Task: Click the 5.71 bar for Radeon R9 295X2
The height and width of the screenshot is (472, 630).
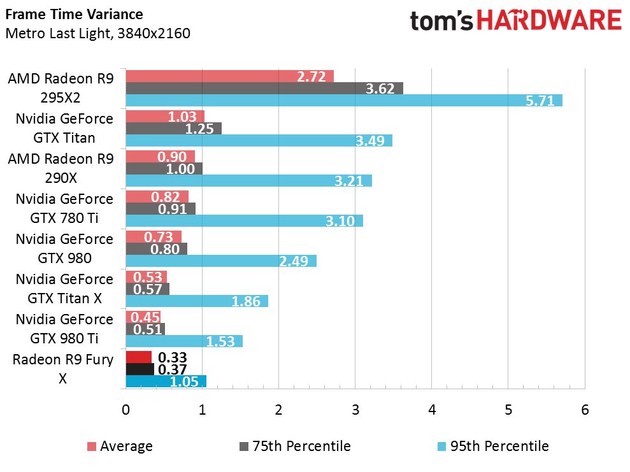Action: coord(344,100)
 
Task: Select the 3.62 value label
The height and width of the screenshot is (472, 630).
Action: coord(380,89)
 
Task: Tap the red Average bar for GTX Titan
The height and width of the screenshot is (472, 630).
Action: coord(165,117)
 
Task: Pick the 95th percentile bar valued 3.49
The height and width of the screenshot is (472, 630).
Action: coord(259,140)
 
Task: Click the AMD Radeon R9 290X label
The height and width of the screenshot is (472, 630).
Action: coord(61,168)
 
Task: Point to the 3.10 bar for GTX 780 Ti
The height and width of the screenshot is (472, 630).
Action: coord(244,220)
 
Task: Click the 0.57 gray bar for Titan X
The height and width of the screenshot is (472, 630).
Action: coord(148,289)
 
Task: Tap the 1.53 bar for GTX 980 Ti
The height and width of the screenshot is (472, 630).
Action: coord(184,341)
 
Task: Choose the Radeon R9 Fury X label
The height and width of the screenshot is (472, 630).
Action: coord(63,369)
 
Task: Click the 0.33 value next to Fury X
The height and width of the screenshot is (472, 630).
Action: coord(171,357)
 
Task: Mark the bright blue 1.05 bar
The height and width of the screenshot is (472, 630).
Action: coord(166,381)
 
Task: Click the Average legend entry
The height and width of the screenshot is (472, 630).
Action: coord(119,446)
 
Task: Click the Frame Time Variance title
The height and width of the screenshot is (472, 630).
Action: coord(74,14)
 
